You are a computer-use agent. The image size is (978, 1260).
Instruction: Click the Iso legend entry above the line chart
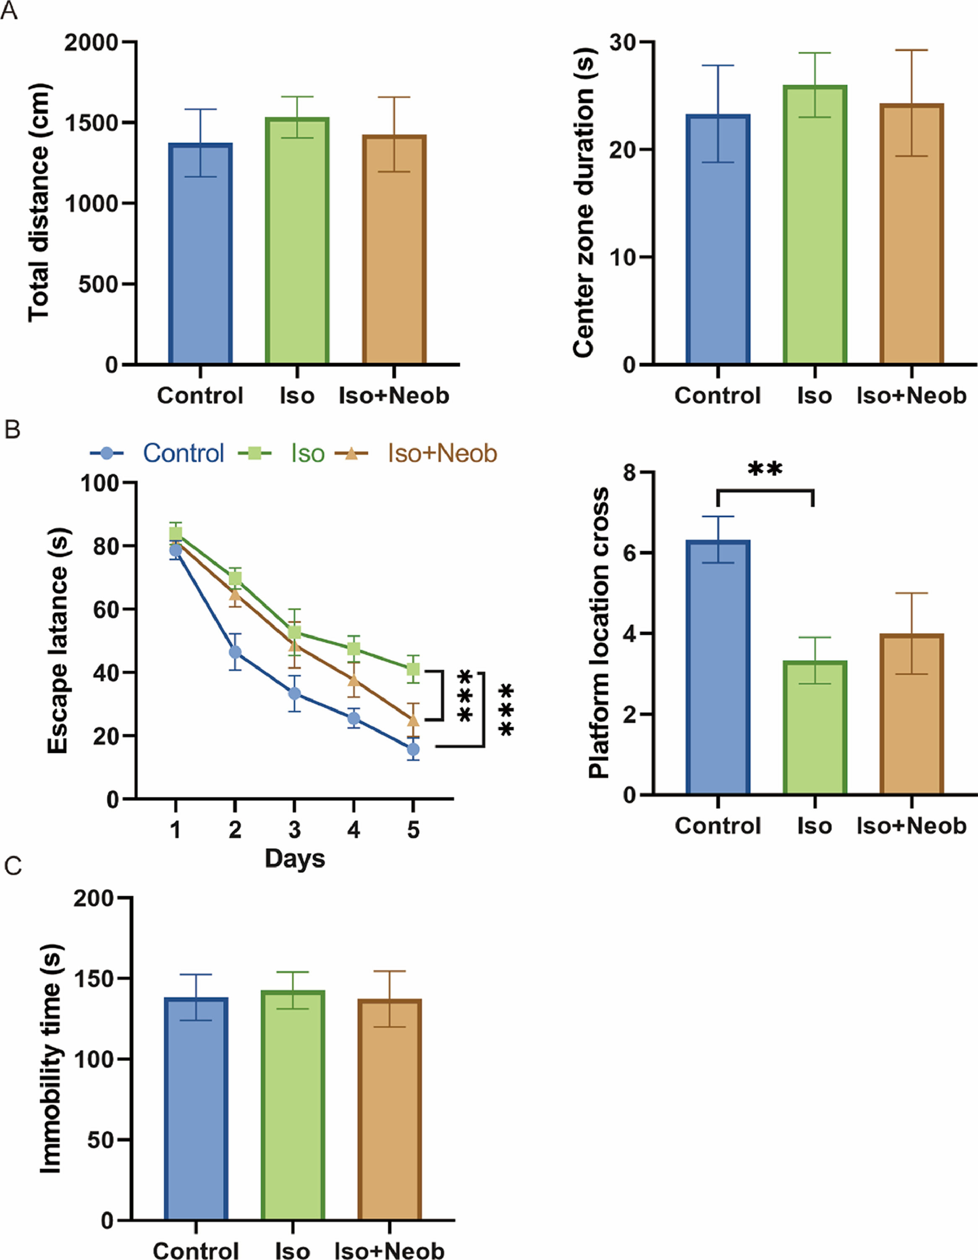click(307, 453)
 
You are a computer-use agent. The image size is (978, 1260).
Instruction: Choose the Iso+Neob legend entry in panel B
click(442, 453)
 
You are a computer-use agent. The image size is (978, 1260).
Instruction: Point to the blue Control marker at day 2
click(235, 652)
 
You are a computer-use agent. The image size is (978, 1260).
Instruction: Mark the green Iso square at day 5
click(413, 669)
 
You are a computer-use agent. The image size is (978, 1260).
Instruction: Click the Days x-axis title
click(295, 858)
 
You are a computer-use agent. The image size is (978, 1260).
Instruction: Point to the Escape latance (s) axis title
click(58, 640)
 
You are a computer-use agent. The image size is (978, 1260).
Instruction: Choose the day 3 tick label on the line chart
click(295, 830)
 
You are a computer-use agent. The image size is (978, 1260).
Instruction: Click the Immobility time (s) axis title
click(51, 1059)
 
